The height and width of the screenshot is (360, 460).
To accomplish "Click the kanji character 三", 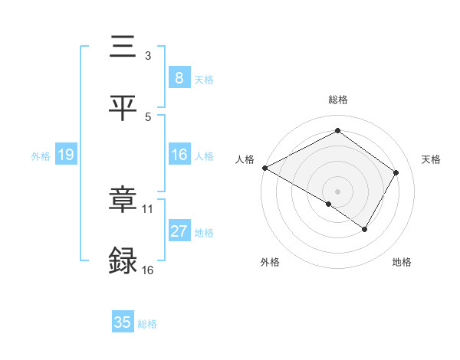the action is pyautogui.click(x=123, y=47).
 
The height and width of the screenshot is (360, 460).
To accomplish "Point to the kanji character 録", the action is pyautogui.click(x=123, y=260).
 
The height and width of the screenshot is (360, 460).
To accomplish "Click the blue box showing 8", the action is pyautogui.click(x=179, y=77).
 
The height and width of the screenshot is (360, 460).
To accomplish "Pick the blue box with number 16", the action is pyautogui.click(x=179, y=155).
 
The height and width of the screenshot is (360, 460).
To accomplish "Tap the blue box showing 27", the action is pyautogui.click(x=179, y=231).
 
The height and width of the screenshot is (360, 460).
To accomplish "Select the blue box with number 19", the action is pyautogui.click(x=65, y=155).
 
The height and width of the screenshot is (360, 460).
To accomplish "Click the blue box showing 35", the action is pyautogui.click(x=122, y=322).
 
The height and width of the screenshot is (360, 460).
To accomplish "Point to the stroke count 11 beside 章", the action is pyautogui.click(x=148, y=208).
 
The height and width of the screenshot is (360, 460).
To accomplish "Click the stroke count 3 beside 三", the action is pyautogui.click(x=147, y=55).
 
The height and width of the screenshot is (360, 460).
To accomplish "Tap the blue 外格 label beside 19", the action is pyautogui.click(x=41, y=155).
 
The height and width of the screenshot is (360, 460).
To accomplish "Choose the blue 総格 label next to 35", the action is pyautogui.click(x=147, y=324).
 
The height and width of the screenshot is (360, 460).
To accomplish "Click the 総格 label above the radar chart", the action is pyautogui.click(x=337, y=100).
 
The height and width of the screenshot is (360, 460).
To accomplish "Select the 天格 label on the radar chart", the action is pyautogui.click(x=431, y=159).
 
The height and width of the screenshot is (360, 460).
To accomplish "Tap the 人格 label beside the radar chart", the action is pyautogui.click(x=245, y=159).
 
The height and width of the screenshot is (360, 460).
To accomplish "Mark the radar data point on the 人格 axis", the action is pyautogui.click(x=264, y=168).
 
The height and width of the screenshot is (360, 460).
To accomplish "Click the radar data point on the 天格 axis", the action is pyautogui.click(x=396, y=172).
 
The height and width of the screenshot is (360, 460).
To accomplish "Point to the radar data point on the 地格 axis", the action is pyautogui.click(x=365, y=229).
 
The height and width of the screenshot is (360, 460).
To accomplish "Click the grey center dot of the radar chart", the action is pyautogui.click(x=337, y=191).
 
